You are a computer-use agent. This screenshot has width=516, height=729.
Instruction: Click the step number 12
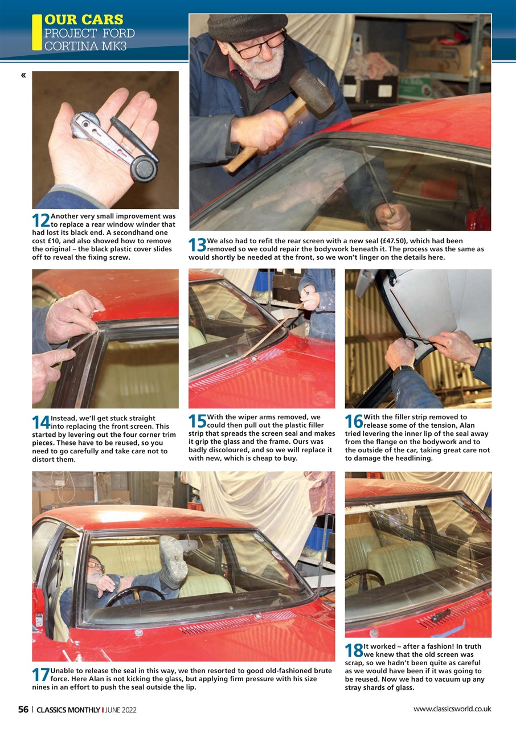pyautogui.click(x=41, y=220)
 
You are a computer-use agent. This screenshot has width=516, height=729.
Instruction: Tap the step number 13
pyautogui.click(x=198, y=245)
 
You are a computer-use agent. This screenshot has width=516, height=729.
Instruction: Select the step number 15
pyautogui.click(x=198, y=421)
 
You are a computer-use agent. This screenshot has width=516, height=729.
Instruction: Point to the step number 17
pyautogui.click(x=41, y=675)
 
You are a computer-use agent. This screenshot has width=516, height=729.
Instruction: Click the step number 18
pyautogui.click(x=354, y=650)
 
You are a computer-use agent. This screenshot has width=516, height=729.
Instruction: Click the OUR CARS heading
pyautogui.click(x=84, y=21)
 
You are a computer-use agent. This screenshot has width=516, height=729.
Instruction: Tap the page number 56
pyautogui.click(x=23, y=710)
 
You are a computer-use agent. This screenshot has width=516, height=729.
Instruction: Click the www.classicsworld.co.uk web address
pyautogui.click(x=452, y=709)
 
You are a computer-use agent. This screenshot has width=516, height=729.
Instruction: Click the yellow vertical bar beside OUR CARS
pyautogui.click(x=37, y=32)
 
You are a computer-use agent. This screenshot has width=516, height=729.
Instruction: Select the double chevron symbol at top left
pyautogui.click(x=23, y=75)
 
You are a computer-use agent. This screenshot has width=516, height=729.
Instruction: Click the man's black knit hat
pyautogui.click(x=246, y=25)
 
